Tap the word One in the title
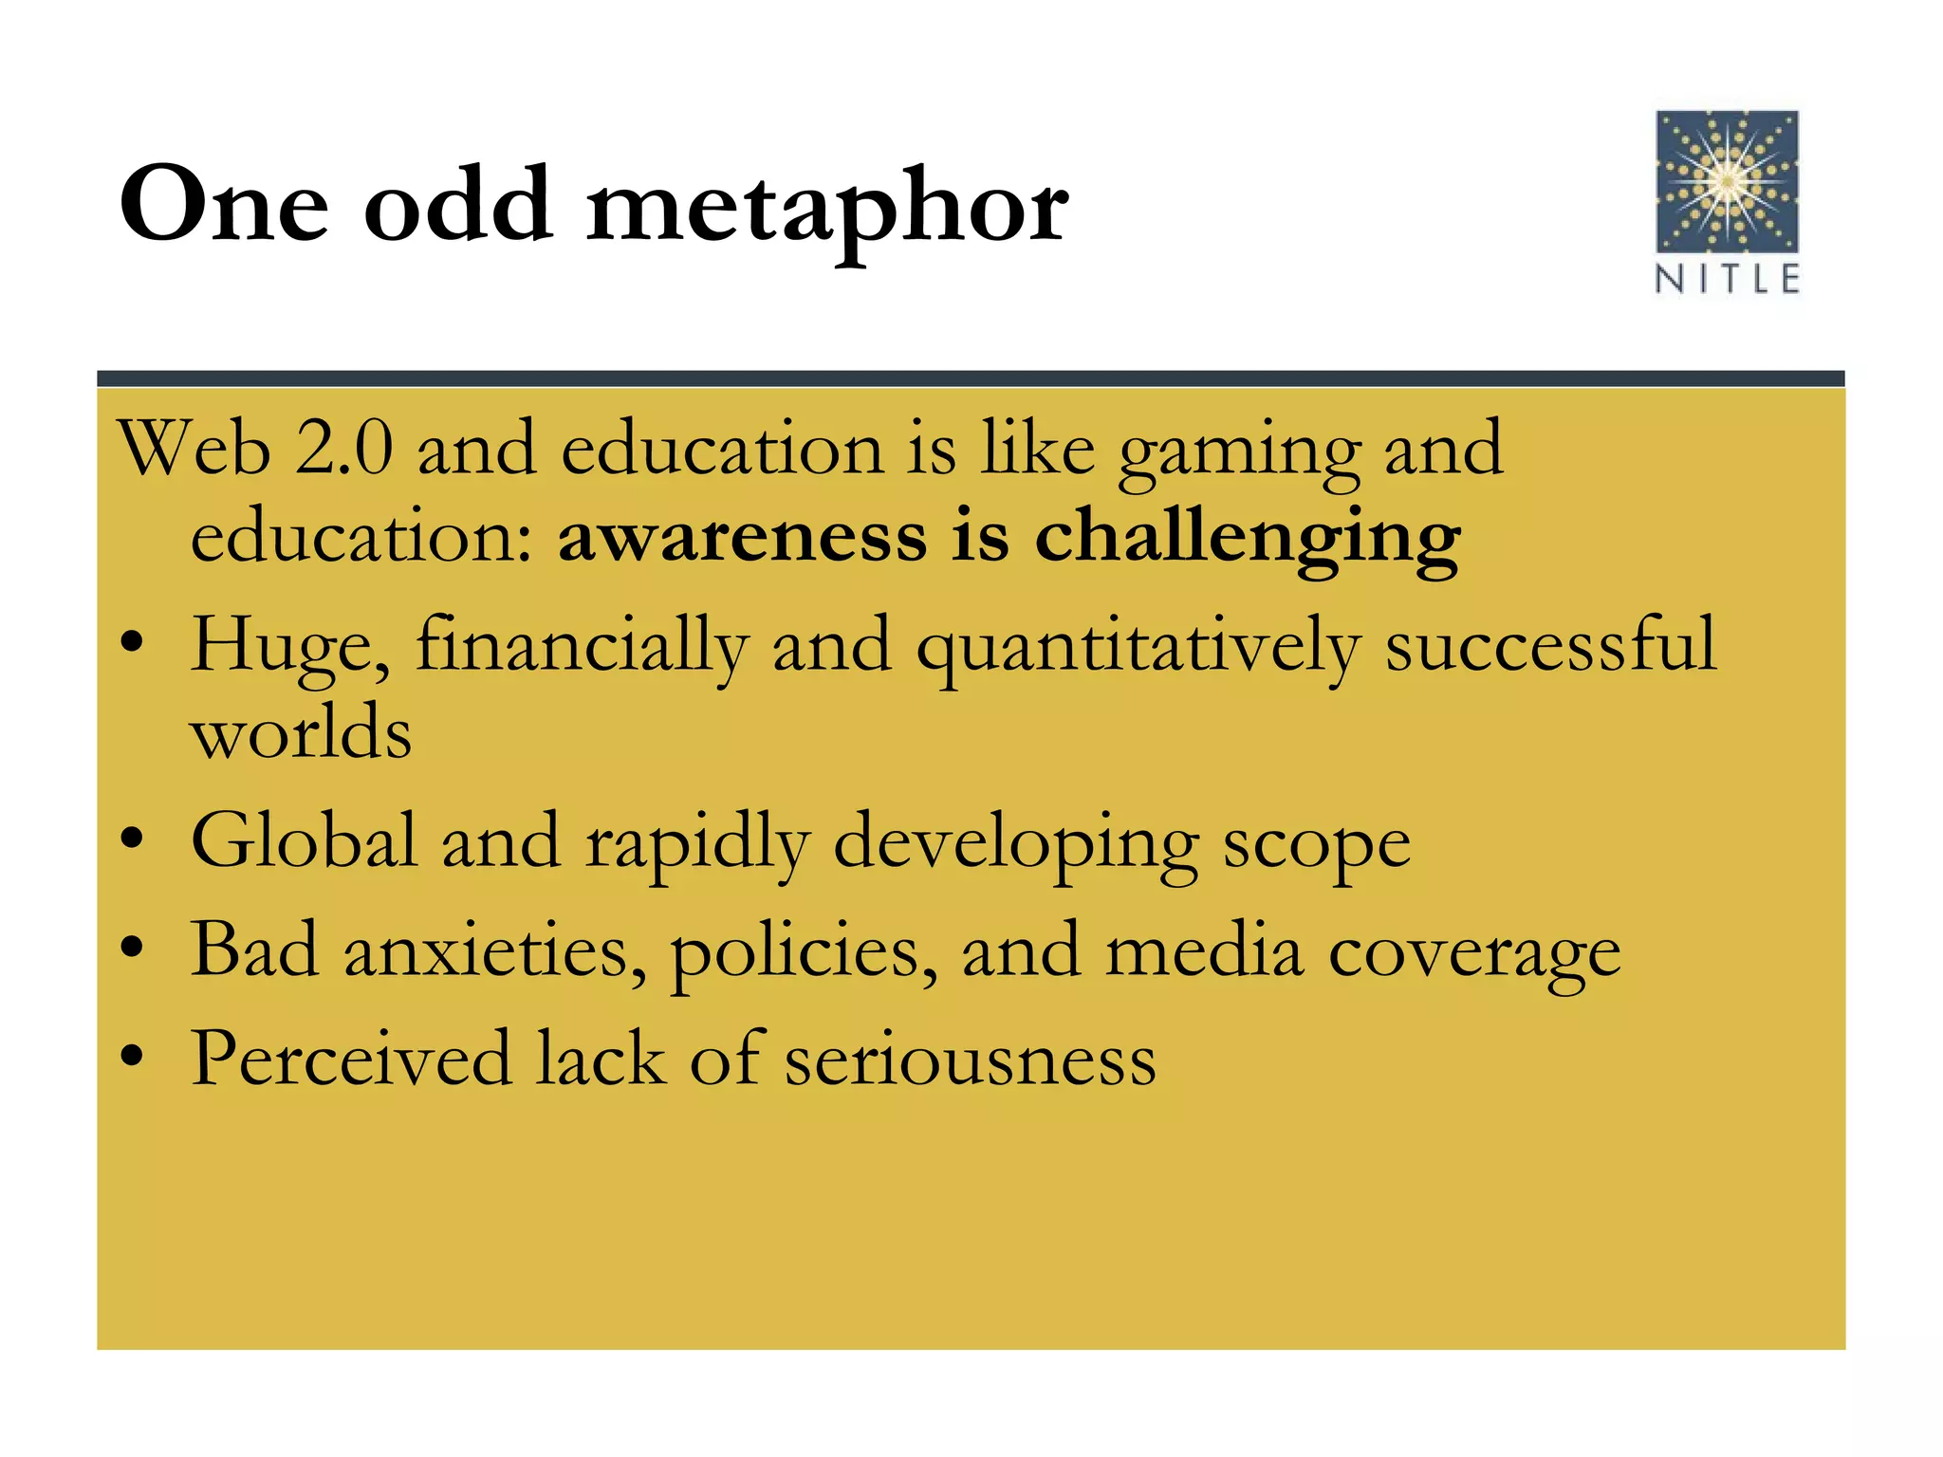224,206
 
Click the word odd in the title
458,206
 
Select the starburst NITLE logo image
1727,181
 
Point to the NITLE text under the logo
1727,280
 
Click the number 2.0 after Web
343,449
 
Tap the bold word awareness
742,537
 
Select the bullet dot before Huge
132,644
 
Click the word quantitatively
1138,647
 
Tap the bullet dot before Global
132,839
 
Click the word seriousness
970,1060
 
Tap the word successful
1550,645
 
